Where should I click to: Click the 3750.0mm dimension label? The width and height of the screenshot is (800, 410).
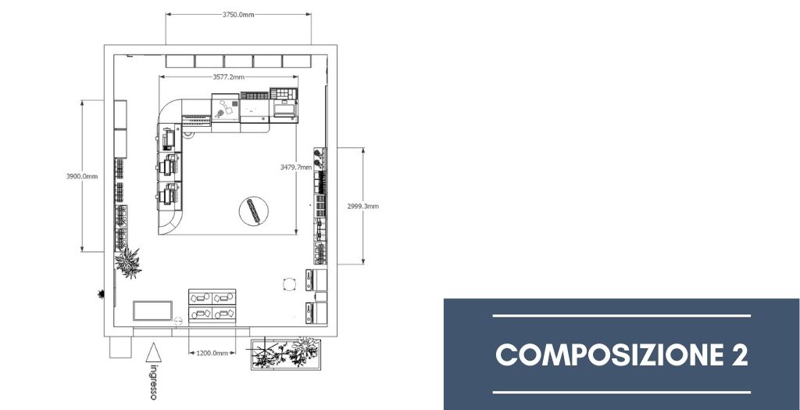(x=238, y=14)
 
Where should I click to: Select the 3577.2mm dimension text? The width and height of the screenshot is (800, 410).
(x=229, y=77)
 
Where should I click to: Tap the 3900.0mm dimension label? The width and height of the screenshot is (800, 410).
(x=81, y=176)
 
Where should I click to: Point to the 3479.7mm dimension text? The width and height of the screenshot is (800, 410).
(x=296, y=167)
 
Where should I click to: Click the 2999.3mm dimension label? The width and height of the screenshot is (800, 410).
(x=362, y=207)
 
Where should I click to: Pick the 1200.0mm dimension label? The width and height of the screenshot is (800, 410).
(x=212, y=353)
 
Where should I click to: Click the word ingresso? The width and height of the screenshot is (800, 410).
(x=153, y=381)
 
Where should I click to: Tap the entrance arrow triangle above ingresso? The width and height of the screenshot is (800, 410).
(x=154, y=353)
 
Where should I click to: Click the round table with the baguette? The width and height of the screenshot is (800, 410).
(x=254, y=211)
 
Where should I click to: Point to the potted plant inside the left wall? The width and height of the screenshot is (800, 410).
(x=128, y=262)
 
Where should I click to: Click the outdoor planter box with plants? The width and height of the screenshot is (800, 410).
(x=285, y=354)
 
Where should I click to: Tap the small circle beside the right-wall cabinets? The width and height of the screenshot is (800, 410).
(x=290, y=284)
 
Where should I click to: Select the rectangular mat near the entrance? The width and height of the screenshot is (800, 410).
(x=152, y=311)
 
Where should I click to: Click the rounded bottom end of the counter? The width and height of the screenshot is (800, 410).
(x=170, y=224)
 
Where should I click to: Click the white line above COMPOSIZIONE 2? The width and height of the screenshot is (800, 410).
(x=621, y=316)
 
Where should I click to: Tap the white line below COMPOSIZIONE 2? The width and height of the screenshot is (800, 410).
(x=621, y=393)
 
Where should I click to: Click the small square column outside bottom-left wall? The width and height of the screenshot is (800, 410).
(x=120, y=347)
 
